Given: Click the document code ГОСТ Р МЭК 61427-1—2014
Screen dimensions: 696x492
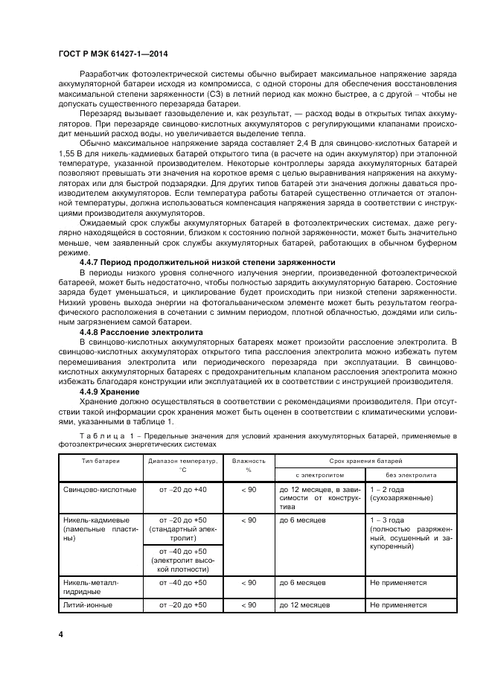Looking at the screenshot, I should tap(109, 55).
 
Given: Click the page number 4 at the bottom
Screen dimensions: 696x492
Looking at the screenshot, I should tap(61, 633).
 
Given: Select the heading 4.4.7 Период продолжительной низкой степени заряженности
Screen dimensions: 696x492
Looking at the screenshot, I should tap(207, 262).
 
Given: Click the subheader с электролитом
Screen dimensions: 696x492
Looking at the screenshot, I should tap(320, 474).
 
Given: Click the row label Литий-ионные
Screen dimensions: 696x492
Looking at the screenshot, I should tap(88, 605).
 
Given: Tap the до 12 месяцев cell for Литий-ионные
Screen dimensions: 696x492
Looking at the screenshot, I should tap(304, 605).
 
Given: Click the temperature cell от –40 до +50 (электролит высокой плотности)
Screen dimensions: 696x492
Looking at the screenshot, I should tap(182, 559).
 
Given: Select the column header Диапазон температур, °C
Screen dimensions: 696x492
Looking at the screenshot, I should tap(182, 465).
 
